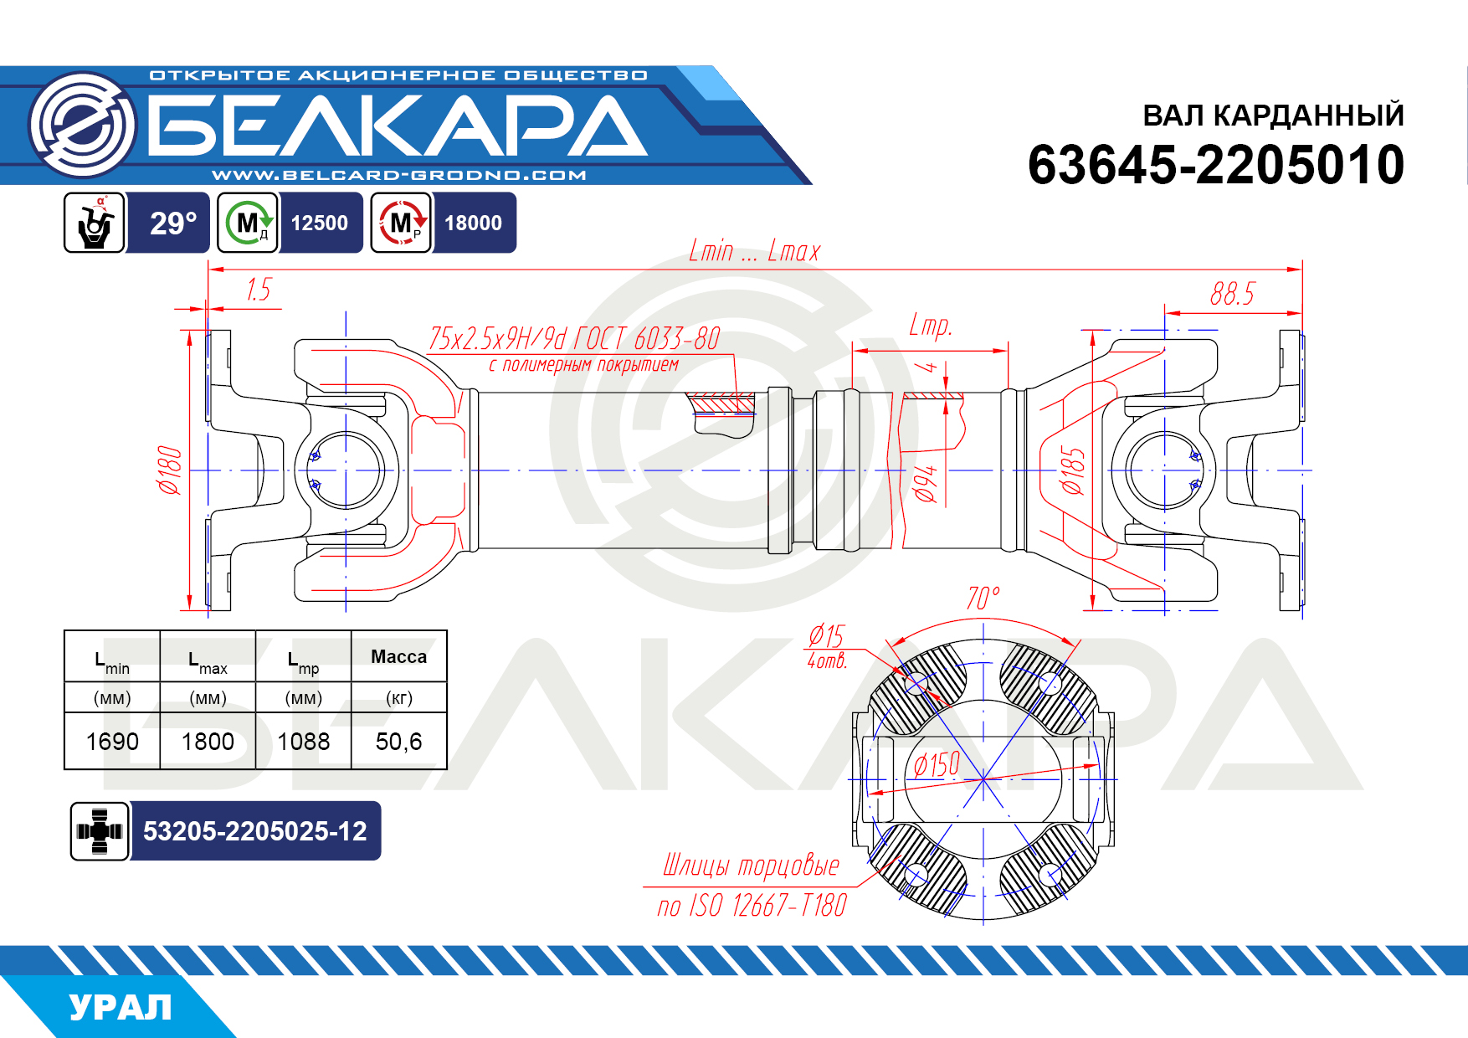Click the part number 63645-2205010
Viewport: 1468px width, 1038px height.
pyautogui.click(x=1215, y=165)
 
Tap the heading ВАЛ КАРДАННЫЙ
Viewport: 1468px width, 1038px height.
pyautogui.click(x=1273, y=116)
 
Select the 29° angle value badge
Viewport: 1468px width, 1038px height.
pyautogui.click(x=172, y=223)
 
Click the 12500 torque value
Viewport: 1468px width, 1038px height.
pyautogui.click(x=320, y=223)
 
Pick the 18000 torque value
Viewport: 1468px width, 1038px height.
pyautogui.click(x=473, y=223)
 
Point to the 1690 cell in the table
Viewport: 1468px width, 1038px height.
pyautogui.click(x=112, y=742)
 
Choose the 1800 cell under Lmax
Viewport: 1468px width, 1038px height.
pyautogui.click(x=208, y=742)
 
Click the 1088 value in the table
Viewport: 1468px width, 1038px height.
pyautogui.click(x=303, y=742)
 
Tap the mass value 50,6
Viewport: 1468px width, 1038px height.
pyautogui.click(x=398, y=742)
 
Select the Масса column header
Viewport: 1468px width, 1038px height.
pyautogui.click(x=398, y=657)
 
